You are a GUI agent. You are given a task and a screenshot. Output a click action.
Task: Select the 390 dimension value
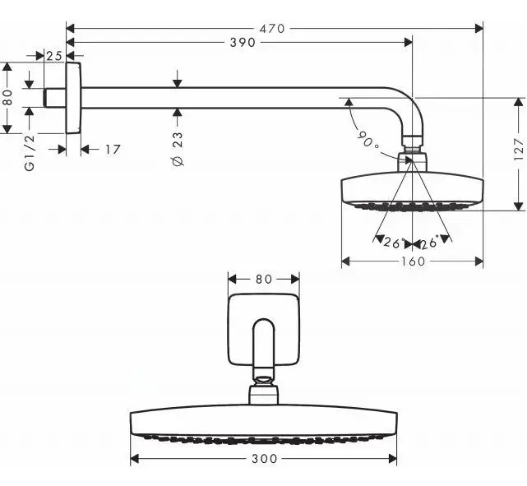(x=242, y=42)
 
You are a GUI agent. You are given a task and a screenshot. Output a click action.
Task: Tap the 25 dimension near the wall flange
(x=54, y=56)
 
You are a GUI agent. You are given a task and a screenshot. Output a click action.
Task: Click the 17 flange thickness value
(x=113, y=149)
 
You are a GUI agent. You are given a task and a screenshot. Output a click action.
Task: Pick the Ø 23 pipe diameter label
(x=178, y=148)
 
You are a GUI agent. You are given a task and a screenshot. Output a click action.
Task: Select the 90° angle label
(x=368, y=140)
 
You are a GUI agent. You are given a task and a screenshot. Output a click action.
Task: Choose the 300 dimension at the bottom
(x=263, y=459)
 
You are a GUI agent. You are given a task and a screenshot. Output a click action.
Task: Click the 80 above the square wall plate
(x=263, y=279)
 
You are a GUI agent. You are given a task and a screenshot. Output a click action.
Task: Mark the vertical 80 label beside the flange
(x=7, y=97)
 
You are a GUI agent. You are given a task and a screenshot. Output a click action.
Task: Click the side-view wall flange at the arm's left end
(x=73, y=97)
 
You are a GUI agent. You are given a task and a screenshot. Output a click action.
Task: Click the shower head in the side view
(x=412, y=189)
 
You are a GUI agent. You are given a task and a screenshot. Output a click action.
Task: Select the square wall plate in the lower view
(x=263, y=329)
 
